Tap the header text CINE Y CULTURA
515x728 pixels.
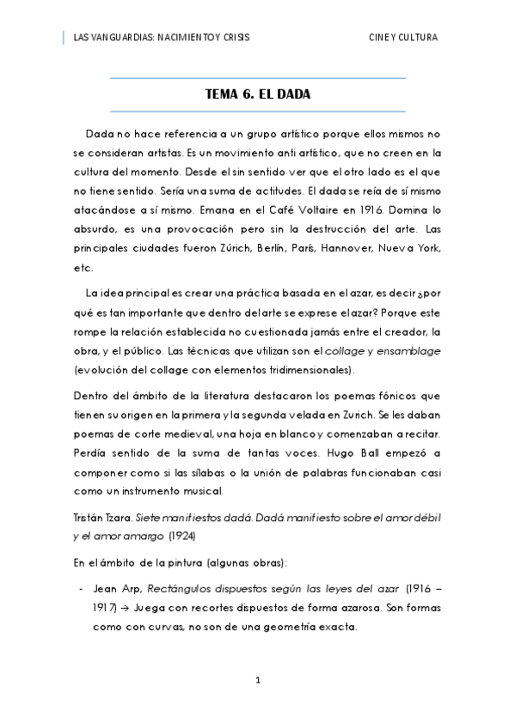[x=402, y=38]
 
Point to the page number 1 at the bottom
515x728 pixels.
[x=257, y=680]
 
